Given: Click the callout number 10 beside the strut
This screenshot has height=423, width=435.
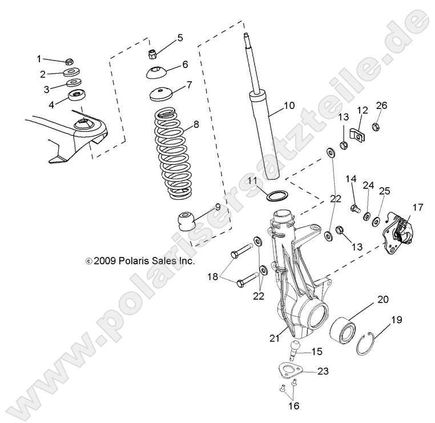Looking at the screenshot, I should [x=289, y=105].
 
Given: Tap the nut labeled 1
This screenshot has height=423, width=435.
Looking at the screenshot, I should [x=69, y=61].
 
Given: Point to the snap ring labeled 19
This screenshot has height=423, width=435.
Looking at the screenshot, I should [x=364, y=343].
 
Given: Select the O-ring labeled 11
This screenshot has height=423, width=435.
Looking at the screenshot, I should [x=276, y=196].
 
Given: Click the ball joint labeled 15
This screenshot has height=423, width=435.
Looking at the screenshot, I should [x=297, y=347].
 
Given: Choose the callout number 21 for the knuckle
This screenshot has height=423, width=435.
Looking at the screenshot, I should [x=275, y=339].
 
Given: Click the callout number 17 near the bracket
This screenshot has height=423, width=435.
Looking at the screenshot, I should [x=418, y=207].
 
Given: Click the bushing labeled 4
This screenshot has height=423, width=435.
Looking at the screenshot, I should [x=75, y=95].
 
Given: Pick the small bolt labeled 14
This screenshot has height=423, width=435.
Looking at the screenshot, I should [x=355, y=208].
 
